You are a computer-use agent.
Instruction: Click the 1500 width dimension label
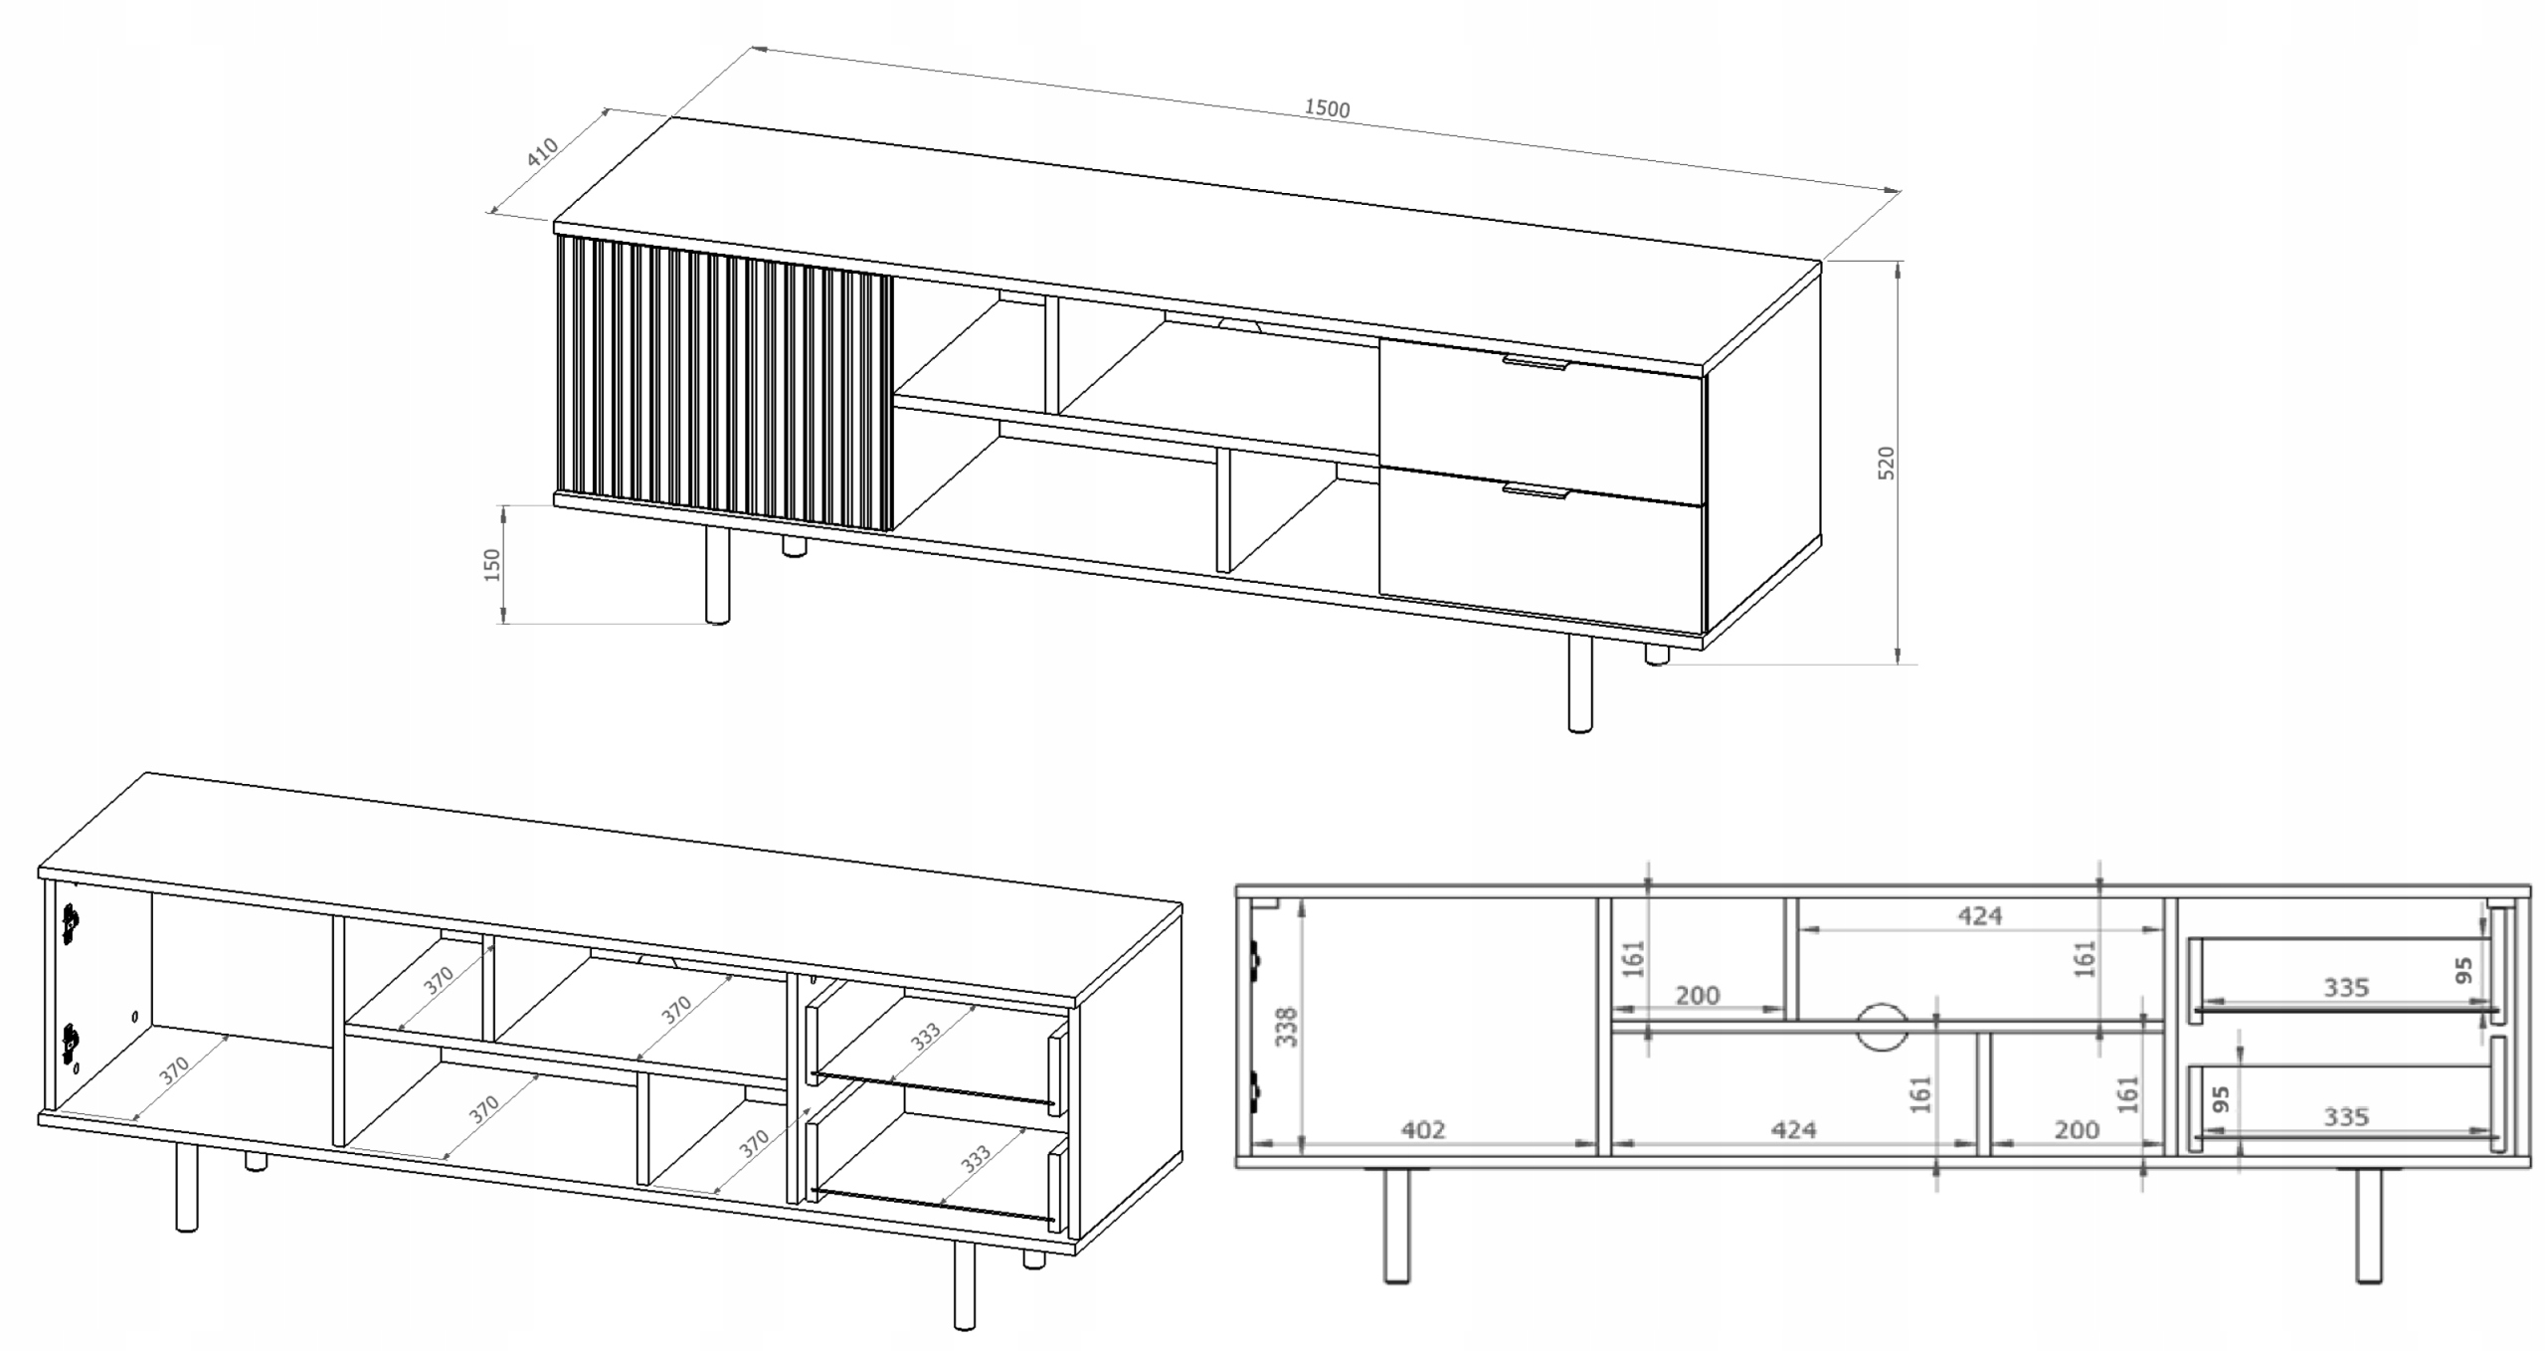point(1327,108)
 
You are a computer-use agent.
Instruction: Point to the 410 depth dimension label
point(543,152)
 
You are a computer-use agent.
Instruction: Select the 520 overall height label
point(1886,463)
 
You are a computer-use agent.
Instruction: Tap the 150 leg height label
point(491,565)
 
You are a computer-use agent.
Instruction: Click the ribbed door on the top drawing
point(724,383)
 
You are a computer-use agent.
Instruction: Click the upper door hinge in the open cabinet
point(70,923)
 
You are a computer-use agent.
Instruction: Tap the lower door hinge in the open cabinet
point(70,1044)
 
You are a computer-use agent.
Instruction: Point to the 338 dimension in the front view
point(1286,1027)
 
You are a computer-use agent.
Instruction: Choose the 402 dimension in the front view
point(1423,1130)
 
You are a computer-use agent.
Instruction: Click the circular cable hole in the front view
point(1882,1027)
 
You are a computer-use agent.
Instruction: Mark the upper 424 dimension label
point(1979,915)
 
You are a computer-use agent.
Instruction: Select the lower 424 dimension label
point(1793,1130)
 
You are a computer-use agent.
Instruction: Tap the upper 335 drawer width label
point(2346,988)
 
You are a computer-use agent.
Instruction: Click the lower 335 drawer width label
point(2346,1117)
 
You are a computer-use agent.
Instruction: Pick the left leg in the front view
point(1397,1225)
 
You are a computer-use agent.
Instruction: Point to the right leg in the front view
point(2370,1225)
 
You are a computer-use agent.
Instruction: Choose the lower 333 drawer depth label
point(976,1159)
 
